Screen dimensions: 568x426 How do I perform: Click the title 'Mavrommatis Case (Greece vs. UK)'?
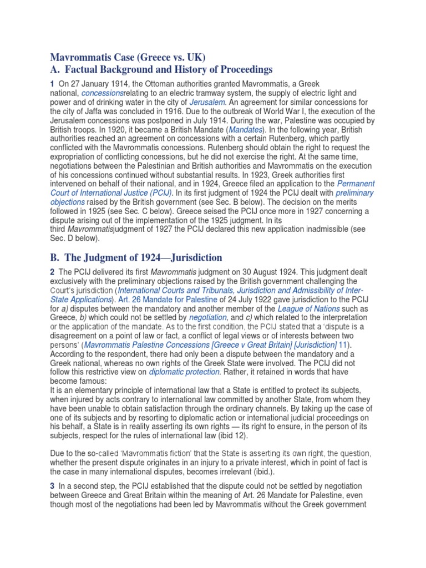(128, 57)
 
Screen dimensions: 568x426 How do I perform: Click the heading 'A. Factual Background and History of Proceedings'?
(162, 69)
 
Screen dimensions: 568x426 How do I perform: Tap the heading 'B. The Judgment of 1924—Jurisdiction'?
(136, 257)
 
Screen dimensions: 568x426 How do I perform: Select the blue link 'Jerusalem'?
(207, 103)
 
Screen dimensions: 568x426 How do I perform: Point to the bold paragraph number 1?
(53, 83)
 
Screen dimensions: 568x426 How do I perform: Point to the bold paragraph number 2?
(53, 272)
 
